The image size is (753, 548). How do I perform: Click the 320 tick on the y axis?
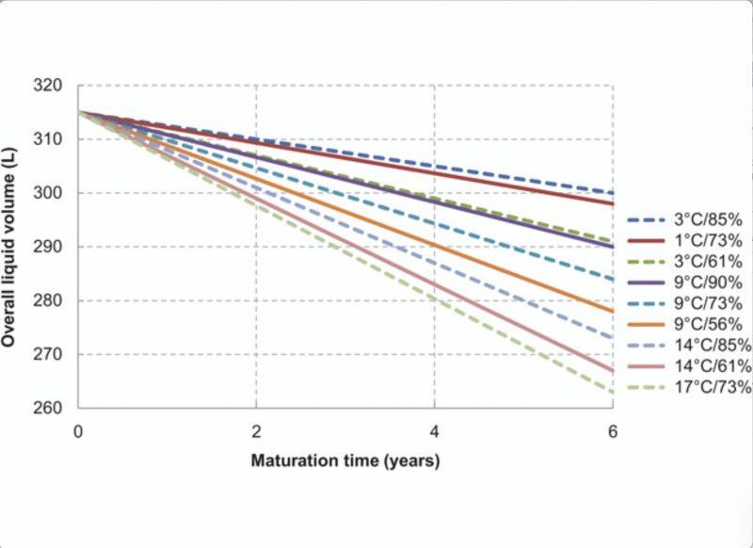click(x=48, y=86)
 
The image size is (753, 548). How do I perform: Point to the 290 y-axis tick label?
click(x=48, y=247)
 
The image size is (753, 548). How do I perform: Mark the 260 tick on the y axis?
click(x=48, y=408)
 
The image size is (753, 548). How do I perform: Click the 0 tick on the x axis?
click(x=78, y=432)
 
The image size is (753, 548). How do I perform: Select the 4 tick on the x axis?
click(x=434, y=432)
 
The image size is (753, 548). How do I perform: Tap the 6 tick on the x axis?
click(x=613, y=432)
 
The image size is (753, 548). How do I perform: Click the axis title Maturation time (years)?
click(x=345, y=461)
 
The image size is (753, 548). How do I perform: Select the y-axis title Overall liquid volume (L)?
click(x=8, y=247)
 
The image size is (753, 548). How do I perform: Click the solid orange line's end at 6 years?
click(x=613, y=312)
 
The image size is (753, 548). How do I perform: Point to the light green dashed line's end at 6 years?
click(x=613, y=393)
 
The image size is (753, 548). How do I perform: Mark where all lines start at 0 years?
click(x=78, y=112)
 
